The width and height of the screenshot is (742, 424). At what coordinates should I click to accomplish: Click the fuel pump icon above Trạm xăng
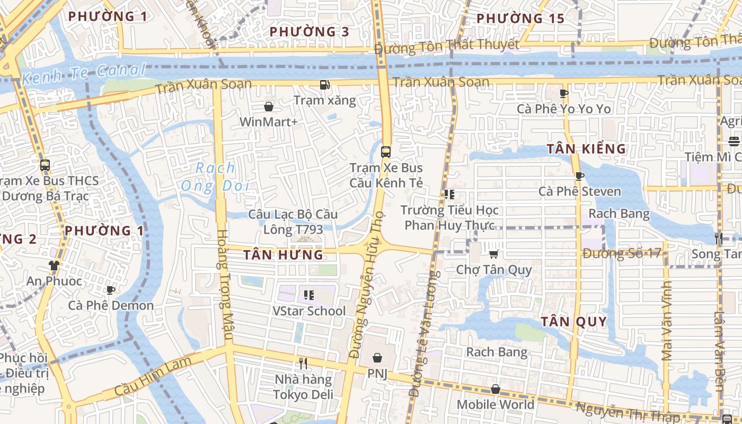[x=324, y=85]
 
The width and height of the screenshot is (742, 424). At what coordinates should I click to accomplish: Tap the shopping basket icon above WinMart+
[x=269, y=107]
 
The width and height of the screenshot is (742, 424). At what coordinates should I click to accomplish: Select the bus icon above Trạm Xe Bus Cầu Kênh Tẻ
[x=386, y=152]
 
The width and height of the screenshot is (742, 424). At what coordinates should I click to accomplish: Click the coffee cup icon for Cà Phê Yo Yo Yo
[x=563, y=94]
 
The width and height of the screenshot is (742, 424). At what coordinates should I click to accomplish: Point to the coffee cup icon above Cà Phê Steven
[x=579, y=176]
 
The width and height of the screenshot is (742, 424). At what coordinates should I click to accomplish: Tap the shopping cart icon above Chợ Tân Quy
[x=494, y=254]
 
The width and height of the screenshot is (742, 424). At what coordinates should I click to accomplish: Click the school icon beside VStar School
[x=308, y=295]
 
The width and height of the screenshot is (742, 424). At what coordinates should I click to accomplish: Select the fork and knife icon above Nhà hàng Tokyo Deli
[x=303, y=364]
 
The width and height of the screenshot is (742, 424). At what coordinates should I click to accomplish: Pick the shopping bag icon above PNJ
[x=377, y=358]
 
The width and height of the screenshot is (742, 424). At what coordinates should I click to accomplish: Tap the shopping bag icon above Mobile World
[x=495, y=390]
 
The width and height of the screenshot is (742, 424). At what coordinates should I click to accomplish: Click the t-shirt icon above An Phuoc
[x=54, y=265]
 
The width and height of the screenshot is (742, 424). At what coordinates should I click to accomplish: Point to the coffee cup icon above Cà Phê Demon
[x=110, y=290]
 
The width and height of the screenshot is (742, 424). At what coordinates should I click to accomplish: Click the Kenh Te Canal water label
[x=84, y=74]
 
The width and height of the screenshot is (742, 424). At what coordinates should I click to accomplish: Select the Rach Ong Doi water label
[x=215, y=177]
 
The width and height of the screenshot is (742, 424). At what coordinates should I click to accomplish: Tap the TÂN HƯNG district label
[x=283, y=255]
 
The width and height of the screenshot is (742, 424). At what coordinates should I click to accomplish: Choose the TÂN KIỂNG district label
[x=587, y=149]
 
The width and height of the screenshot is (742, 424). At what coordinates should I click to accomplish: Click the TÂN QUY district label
[x=573, y=322]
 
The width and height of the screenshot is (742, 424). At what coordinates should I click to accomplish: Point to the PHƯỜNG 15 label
[x=520, y=19]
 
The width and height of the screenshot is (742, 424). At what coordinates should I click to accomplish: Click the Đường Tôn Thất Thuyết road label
[x=447, y=46]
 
